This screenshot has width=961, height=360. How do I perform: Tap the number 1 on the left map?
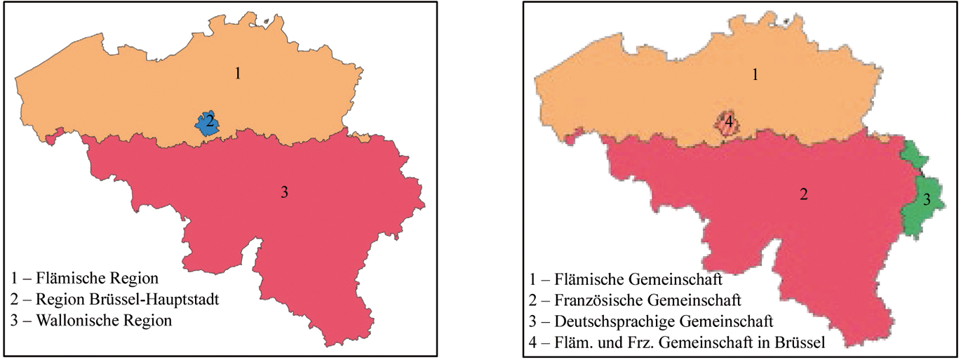point(238,73)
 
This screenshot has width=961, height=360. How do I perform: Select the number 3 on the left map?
point(283,192)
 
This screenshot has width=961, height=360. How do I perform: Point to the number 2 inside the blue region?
point(209,121)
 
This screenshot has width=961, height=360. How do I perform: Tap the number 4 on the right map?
point(730,121)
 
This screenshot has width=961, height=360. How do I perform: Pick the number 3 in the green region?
point(926,200)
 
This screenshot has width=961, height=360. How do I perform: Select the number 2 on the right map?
point(803,194)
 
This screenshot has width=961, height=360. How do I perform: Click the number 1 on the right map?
point(755,74)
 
